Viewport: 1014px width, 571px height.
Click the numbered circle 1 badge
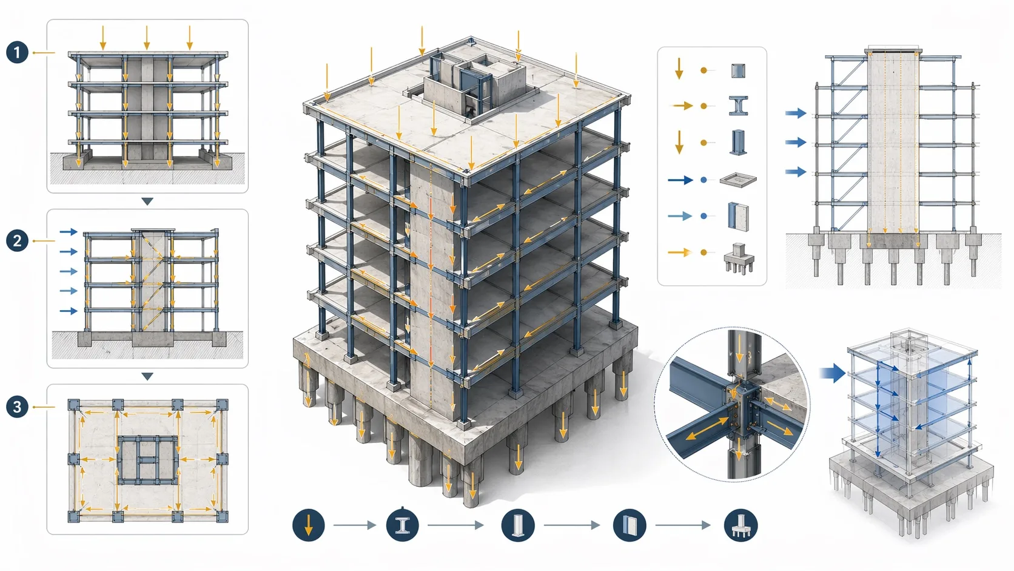(x=17, y=53)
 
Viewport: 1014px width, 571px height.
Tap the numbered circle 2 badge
(x=17, y=240)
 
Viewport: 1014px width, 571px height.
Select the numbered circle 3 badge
(x=17, y=407)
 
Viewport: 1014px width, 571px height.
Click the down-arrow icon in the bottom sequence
(x=308, y=525)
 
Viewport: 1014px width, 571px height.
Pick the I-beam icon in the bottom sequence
(x=402, y=525)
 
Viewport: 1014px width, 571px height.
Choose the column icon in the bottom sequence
(x=518, y=525)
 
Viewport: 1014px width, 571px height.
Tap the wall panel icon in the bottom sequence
(x=630, y=525)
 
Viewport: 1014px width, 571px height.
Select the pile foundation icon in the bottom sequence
(x=740, y=525)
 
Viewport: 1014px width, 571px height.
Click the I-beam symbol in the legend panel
(x=738, y=106)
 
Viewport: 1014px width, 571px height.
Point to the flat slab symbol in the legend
(x=738, y=180)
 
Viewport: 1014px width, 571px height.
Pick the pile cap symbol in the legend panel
(x=739, y=258)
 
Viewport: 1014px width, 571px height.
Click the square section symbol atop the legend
(x=738, y=70)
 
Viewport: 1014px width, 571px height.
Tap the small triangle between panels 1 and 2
(x=147, y=201)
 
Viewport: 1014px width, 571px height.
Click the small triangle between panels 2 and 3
(x=147, y=376)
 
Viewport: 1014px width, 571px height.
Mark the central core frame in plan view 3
(x=147, y=460)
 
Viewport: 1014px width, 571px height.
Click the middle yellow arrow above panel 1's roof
(x=146, y=38)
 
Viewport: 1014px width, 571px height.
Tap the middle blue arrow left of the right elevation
(x=795, y=142)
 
